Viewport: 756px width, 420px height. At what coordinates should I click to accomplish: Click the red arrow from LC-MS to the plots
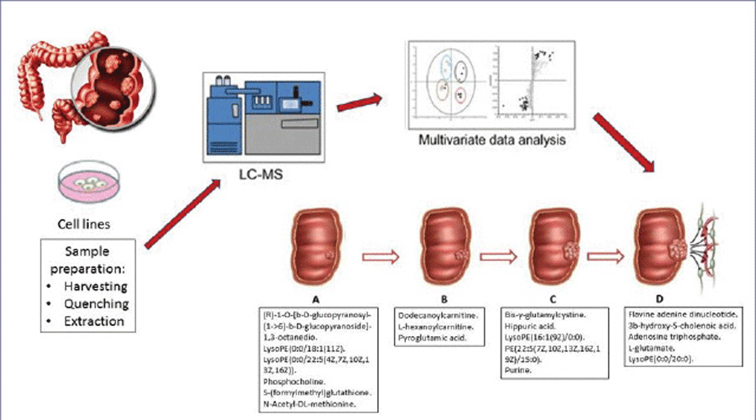[360, 105]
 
